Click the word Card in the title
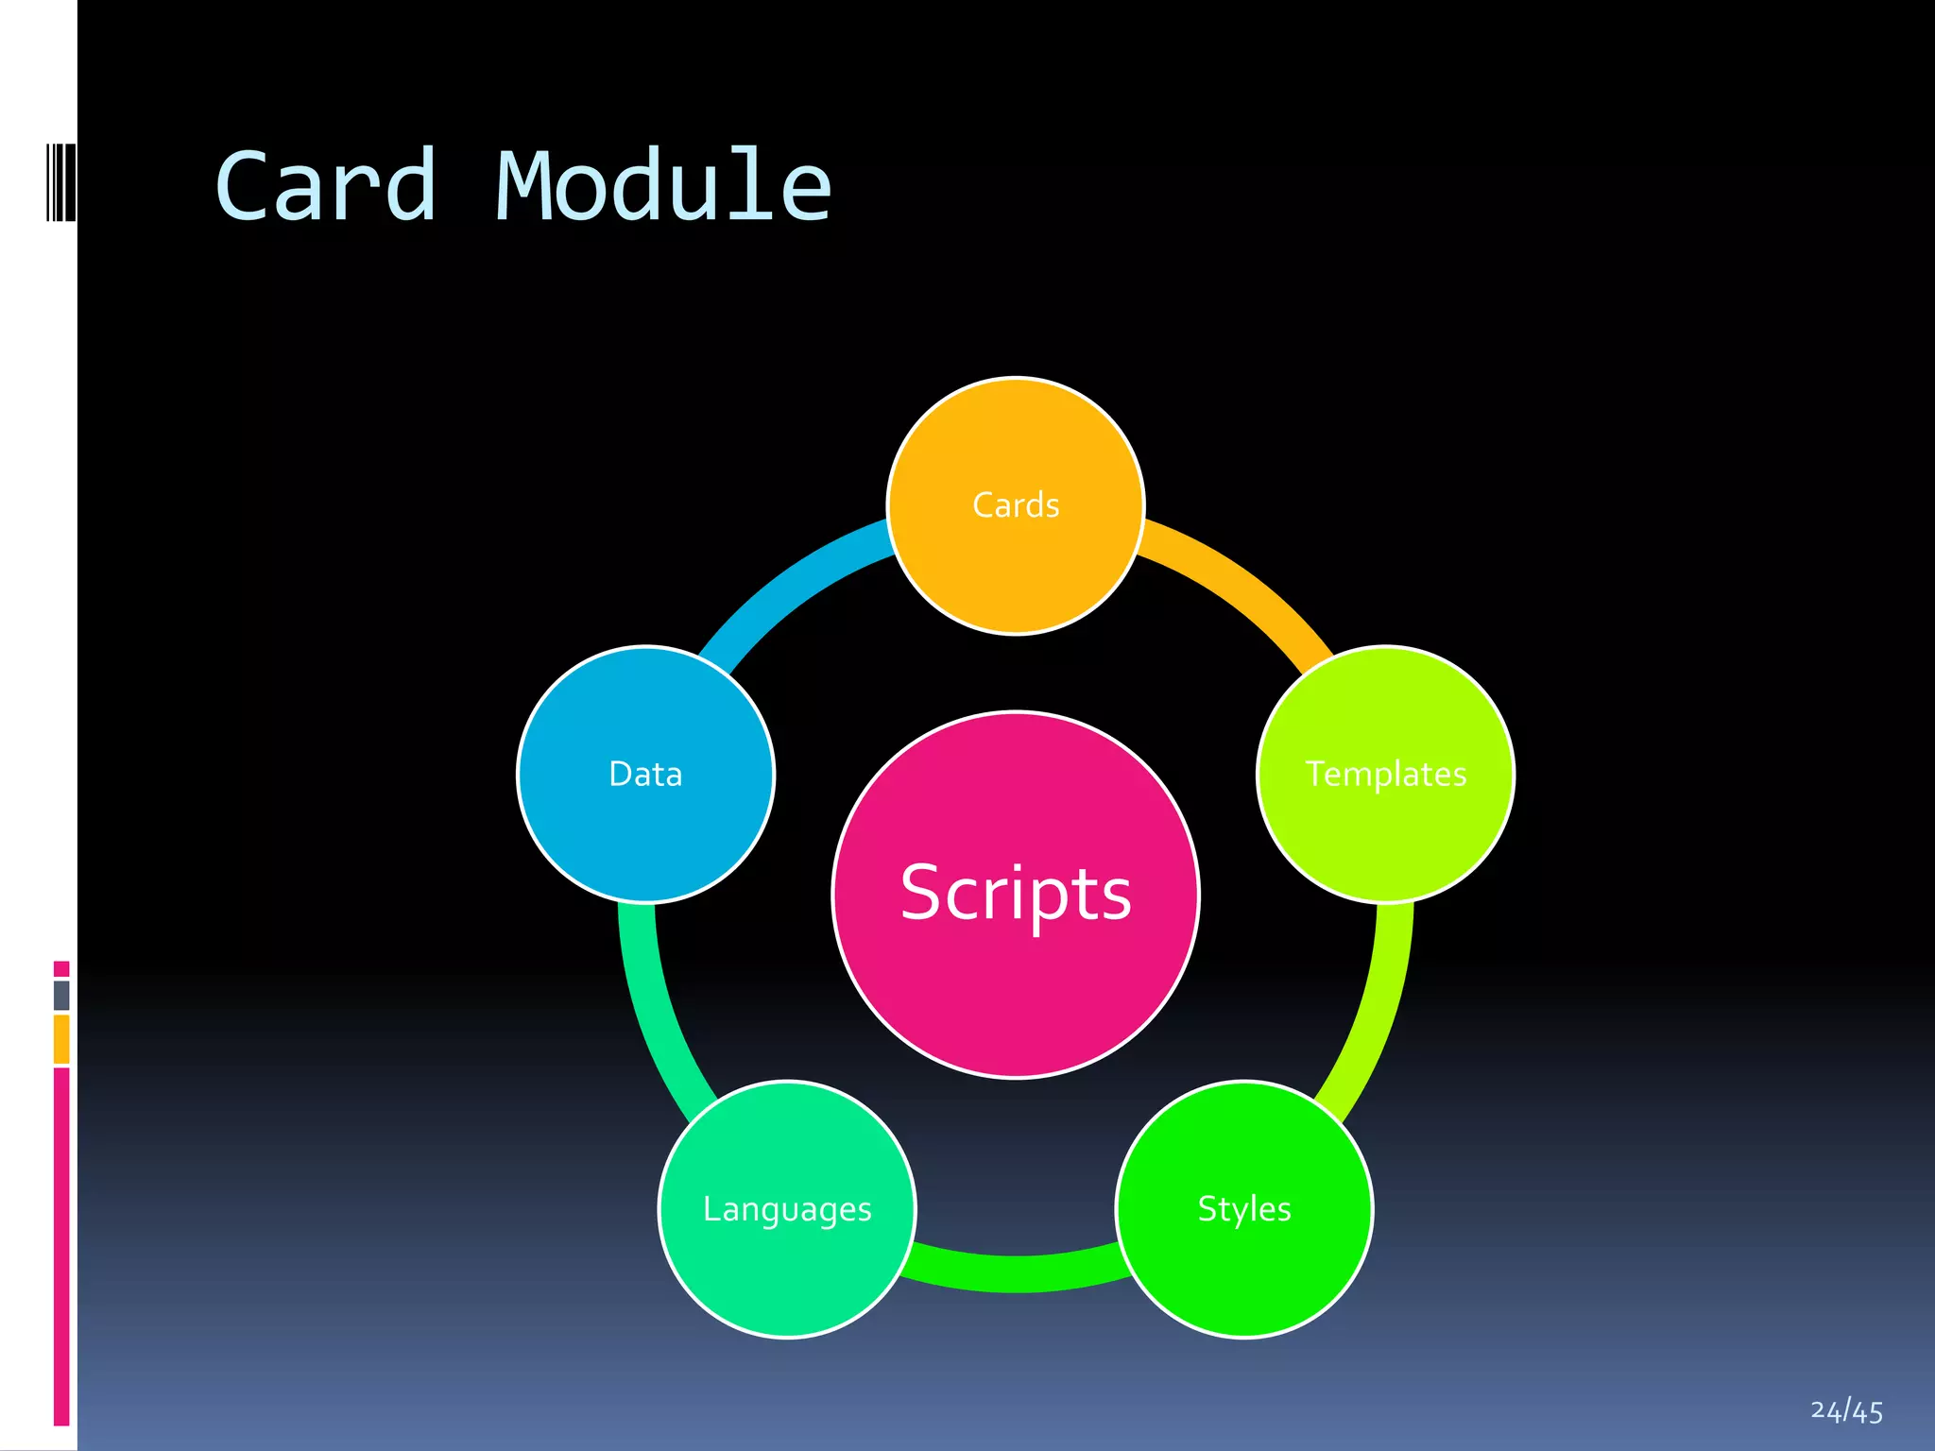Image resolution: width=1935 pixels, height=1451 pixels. coord(326,187)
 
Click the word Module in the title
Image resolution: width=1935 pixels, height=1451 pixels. coord(663,187)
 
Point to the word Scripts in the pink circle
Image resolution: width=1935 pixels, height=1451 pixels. coord(1016,893)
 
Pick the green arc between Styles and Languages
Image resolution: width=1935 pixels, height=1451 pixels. coord(1016,1273)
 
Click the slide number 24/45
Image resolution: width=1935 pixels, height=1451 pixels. coord(1846,1411)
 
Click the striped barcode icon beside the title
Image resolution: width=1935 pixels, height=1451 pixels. coord(60,182)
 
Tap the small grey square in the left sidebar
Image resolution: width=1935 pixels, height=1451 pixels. coord(61,995)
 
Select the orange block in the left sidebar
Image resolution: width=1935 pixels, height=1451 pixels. coord(61,1038)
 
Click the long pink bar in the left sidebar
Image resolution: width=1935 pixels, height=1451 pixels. coord(61,1247)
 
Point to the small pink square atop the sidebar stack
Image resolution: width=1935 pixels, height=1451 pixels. coord(61,968)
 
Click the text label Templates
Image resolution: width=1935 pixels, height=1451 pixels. coord(1385,775)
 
